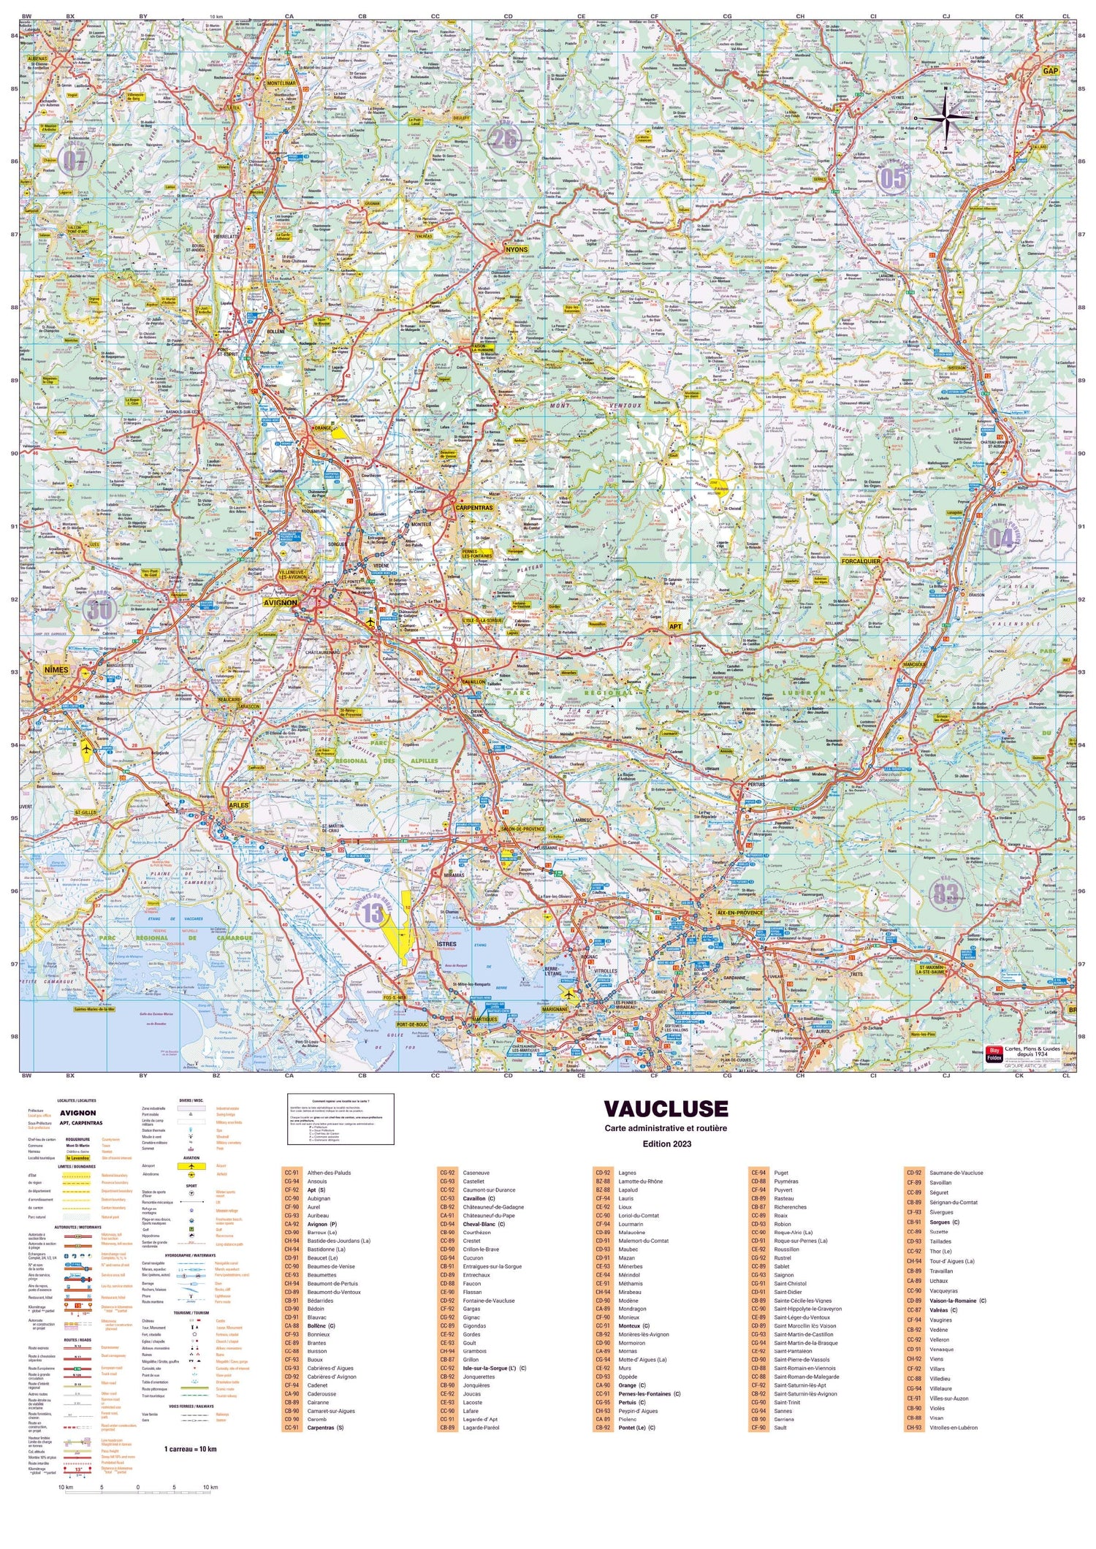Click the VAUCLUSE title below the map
[x=666, y=1108]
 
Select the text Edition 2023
[x=666, y=1143]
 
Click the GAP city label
[x=1051, y=71]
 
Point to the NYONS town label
[x=516, y=249]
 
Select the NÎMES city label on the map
[x=56, y=669]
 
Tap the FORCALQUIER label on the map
[x=861, y=561]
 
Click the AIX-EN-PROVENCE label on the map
[x=741, y=913]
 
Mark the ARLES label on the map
[x=239, y=804]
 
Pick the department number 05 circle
[x=893, y=178]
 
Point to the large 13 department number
[x=373, y=912]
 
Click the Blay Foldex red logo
[x=994, y=1055]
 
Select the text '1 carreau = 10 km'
[x=190, y=1449]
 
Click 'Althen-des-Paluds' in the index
[x=329, y=1173]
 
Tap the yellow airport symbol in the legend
[x=191, y=1166]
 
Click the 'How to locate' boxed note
[x=341, y=1119]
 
